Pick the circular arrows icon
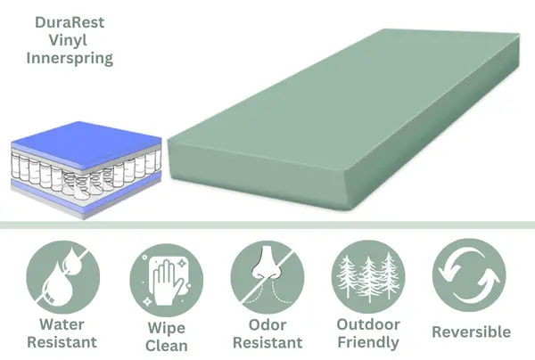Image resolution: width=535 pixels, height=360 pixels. [469, 271]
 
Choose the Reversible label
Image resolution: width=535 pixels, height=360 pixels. [471, 331]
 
